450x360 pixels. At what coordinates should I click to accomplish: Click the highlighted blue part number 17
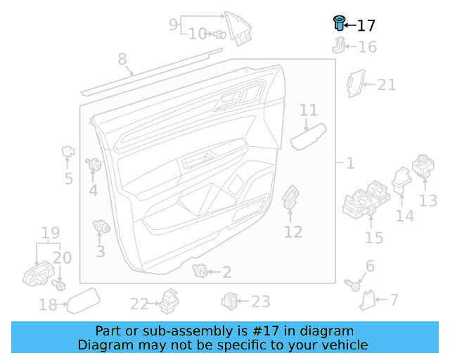click(338, 22)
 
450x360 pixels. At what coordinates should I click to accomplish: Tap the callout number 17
click(366, 26)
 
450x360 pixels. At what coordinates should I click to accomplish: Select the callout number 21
click(387, 85)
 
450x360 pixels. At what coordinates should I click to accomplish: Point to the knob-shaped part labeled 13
click(424, 166)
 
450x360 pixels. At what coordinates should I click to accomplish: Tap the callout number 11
click(309, 110)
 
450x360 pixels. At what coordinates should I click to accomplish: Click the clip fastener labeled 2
click(201, 270)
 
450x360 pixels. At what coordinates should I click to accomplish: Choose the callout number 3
click(101, 250)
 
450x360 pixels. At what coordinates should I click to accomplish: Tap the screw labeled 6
click(356, 285)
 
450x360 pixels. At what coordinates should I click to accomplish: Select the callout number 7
click(393, 300)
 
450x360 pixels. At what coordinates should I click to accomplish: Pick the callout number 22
click(139, 304)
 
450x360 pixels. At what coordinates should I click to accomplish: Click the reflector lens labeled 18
click(83, 300)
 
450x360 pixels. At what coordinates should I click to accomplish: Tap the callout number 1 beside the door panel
click(349, 163)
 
